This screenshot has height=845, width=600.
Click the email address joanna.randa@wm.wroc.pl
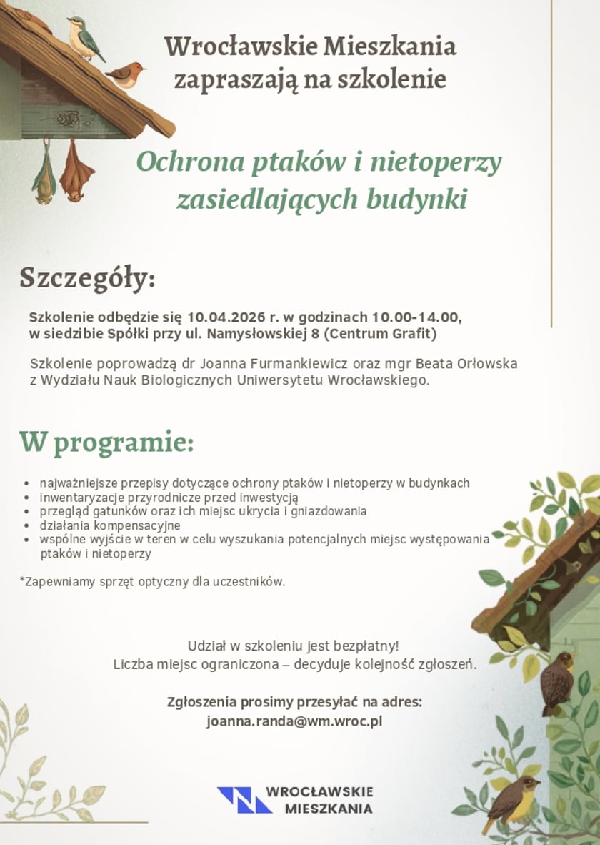click(x=294, y=721)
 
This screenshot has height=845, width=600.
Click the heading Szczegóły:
click(x=87, y=278)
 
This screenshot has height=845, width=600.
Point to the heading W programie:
click(x=106, y=443)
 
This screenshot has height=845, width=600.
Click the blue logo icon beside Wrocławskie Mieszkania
click(x=244, y=800)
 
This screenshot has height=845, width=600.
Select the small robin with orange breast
click(x=126, y=74)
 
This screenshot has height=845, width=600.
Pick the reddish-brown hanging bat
click(x=76, y=172)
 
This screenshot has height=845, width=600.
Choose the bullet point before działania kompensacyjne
click(x=26, y=526)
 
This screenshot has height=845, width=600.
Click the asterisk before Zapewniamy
click(x=22, y=580)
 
